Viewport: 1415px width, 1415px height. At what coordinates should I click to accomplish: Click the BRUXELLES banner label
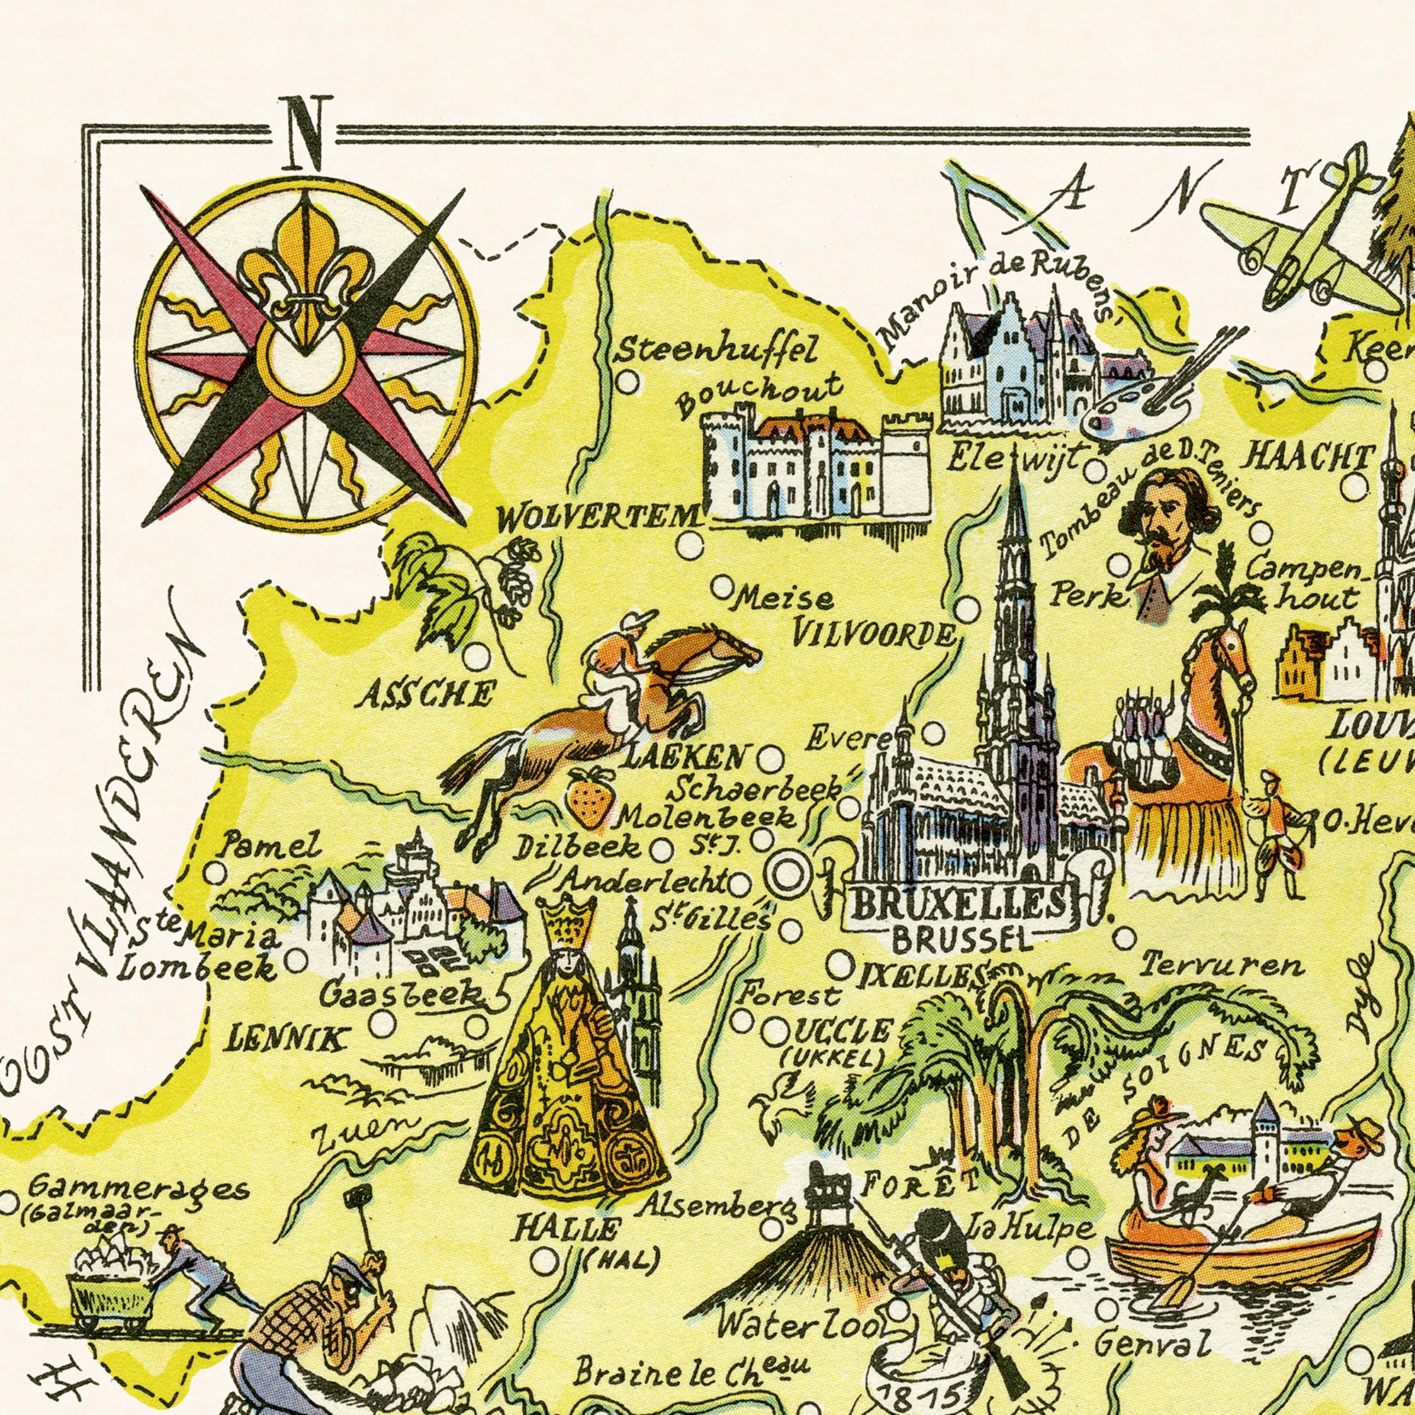[959, 906]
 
